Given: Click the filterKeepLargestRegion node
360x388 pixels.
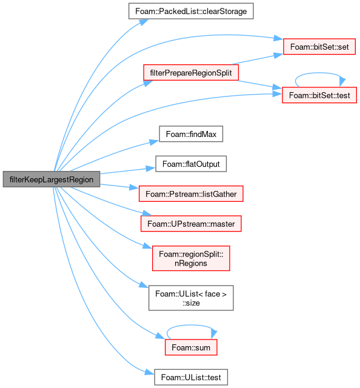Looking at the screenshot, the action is [x=52, y=179].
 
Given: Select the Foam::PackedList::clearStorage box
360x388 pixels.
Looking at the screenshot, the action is [x=191, y=11].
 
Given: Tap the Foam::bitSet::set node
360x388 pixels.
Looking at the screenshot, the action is [x=319, y=47].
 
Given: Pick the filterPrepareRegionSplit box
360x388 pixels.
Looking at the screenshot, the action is [x=191, y=73].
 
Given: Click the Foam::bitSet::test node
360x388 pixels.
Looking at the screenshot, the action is [x=319, y=95].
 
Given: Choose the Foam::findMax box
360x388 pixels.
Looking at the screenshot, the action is [x=191, y=134].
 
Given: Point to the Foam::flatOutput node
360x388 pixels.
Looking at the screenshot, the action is [x=191, y=164].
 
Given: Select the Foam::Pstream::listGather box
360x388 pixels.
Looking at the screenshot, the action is [x=191, y=194].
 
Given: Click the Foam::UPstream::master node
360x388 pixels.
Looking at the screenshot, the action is [x=191, y=224].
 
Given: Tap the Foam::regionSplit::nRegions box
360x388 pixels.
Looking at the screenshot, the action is [x=191, y=258].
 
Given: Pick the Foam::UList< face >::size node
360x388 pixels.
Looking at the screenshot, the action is [x=191, y=298].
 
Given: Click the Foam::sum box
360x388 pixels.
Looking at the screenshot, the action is [x=191, y=347].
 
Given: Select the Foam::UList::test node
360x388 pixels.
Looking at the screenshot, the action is [x=191, y=377].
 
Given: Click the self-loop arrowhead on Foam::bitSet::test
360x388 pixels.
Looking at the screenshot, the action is [x=342, y=82].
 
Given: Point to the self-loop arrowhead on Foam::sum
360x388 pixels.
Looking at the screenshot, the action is [x=214, y=334].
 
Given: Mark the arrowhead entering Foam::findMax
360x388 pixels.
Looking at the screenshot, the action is [x=155, y=142].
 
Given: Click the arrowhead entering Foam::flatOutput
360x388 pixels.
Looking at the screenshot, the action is [x=151, y=169].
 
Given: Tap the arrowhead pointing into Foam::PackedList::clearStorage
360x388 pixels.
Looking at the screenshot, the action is [x=144, y=22].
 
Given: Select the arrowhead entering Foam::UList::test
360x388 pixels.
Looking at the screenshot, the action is [x=150, y=372].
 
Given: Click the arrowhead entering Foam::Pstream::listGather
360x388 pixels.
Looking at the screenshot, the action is [x=134, y=187].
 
